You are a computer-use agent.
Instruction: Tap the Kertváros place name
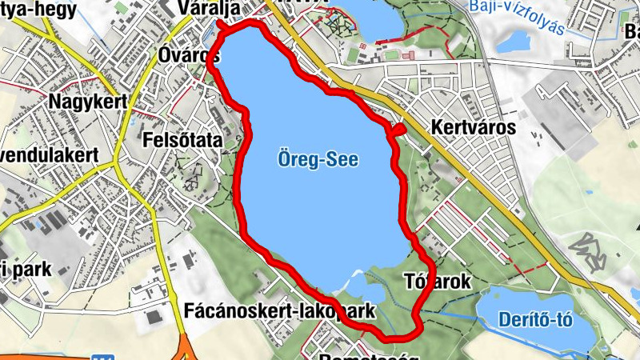tap(473, 127)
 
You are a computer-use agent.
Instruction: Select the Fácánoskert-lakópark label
tap(279, 310)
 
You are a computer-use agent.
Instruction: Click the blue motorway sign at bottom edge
tap(99, 357)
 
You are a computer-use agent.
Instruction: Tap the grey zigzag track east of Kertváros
tap(593, 249)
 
